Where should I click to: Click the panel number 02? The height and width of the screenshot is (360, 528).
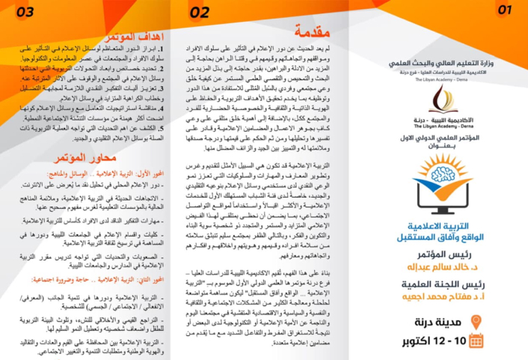[x=200, y=13]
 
